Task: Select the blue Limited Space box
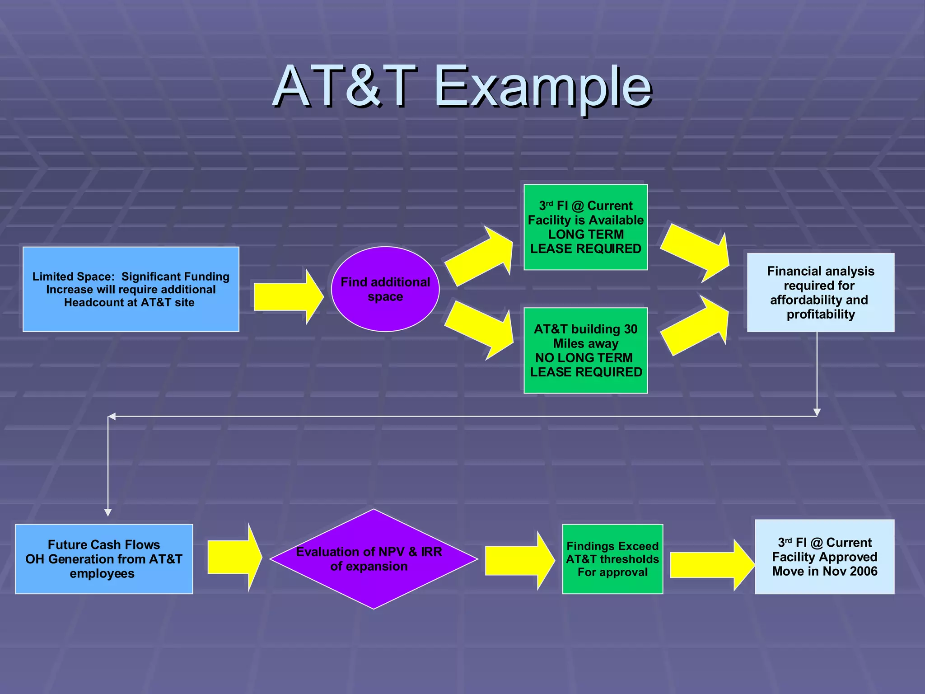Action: (x=131, y=289)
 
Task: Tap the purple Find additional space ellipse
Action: (x=385, y=289)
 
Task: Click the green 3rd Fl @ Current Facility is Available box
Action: (x=585, y=227)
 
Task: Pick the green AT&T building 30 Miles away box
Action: (x=585, y=350)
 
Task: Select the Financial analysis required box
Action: (x=820, y=292)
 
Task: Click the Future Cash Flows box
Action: (x=104, y=559)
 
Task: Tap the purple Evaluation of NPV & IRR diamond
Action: (x=374, y=559)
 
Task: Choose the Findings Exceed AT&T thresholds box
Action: (x=612, y=559)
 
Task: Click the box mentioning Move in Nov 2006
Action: (x=824, y=557)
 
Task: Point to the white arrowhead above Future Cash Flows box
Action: (x=108, y=512)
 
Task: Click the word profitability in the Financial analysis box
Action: (x=821, y=314)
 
